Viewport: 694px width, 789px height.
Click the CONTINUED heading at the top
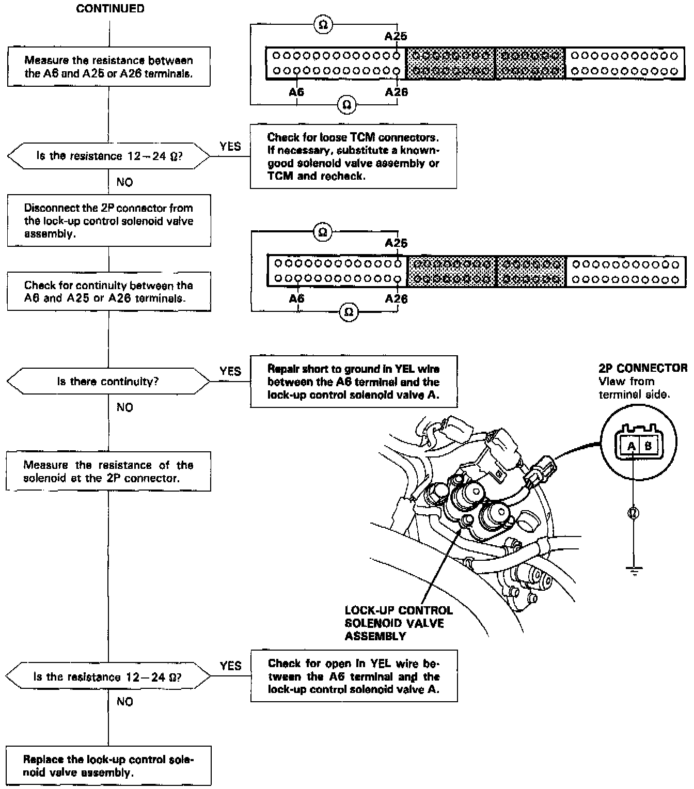pos(110,9)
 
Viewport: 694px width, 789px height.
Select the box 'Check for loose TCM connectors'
pos(353,156)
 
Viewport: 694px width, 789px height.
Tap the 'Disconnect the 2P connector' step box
pos(109,220)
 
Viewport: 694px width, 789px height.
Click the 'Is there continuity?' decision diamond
pos(108,382)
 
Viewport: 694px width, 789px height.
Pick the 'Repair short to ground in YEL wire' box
pos(353,382)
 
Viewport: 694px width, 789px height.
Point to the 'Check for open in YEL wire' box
pos(354,676)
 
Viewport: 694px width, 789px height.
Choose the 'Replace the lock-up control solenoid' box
pos(109,766)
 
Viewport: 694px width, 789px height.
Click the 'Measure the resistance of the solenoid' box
pos(108,471)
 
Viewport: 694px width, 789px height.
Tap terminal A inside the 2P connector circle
pos(631,446)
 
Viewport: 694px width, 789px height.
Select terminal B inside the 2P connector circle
pos(648,446)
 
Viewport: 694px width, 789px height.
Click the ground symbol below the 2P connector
pos(634,570)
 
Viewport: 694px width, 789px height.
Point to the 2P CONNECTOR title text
pos(643,368)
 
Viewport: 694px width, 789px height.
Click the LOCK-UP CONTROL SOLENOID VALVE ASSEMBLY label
pos(399,623)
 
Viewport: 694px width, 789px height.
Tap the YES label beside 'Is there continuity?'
pos(230,371)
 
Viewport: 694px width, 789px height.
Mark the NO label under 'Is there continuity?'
pos(125,407)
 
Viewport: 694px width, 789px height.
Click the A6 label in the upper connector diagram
pos(296,92)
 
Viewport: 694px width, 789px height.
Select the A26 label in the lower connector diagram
pos(396,299)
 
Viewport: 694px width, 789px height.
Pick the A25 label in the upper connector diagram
pos(396,36)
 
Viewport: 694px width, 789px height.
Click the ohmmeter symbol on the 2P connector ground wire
pos(634,513)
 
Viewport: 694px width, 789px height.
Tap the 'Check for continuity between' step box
pos(109,292)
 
